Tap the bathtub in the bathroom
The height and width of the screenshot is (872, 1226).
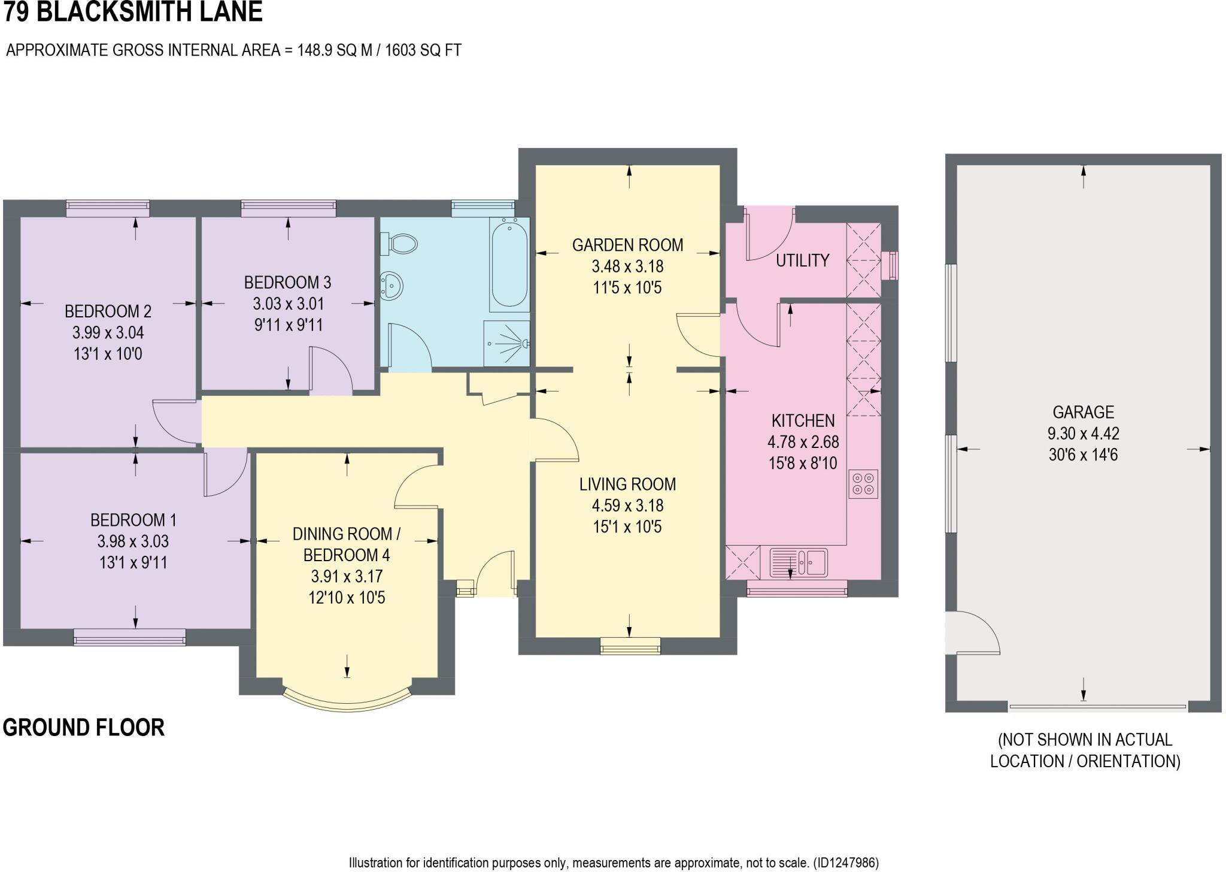click(509, 264)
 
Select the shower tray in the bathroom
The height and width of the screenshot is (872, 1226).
click(507, 343)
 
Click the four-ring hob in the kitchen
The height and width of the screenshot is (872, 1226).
click(863, 483)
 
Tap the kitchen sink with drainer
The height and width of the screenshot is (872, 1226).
click(798, 562)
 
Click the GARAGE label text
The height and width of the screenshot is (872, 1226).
click(1083, 412)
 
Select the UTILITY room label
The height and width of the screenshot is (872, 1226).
click(802, 261)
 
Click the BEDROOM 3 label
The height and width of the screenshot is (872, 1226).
click(287, 282)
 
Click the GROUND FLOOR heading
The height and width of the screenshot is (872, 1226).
click(84, 728)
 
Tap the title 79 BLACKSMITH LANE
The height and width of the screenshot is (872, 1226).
click(133, 12)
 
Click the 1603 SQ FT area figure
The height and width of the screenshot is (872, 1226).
click(423, 50)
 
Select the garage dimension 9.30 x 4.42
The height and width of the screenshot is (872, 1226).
click(1083, 434)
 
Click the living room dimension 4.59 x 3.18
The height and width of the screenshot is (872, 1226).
click(627, 505)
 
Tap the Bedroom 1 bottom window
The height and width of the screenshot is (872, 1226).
click(129, 637)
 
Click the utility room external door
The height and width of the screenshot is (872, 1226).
click(769, 234)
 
